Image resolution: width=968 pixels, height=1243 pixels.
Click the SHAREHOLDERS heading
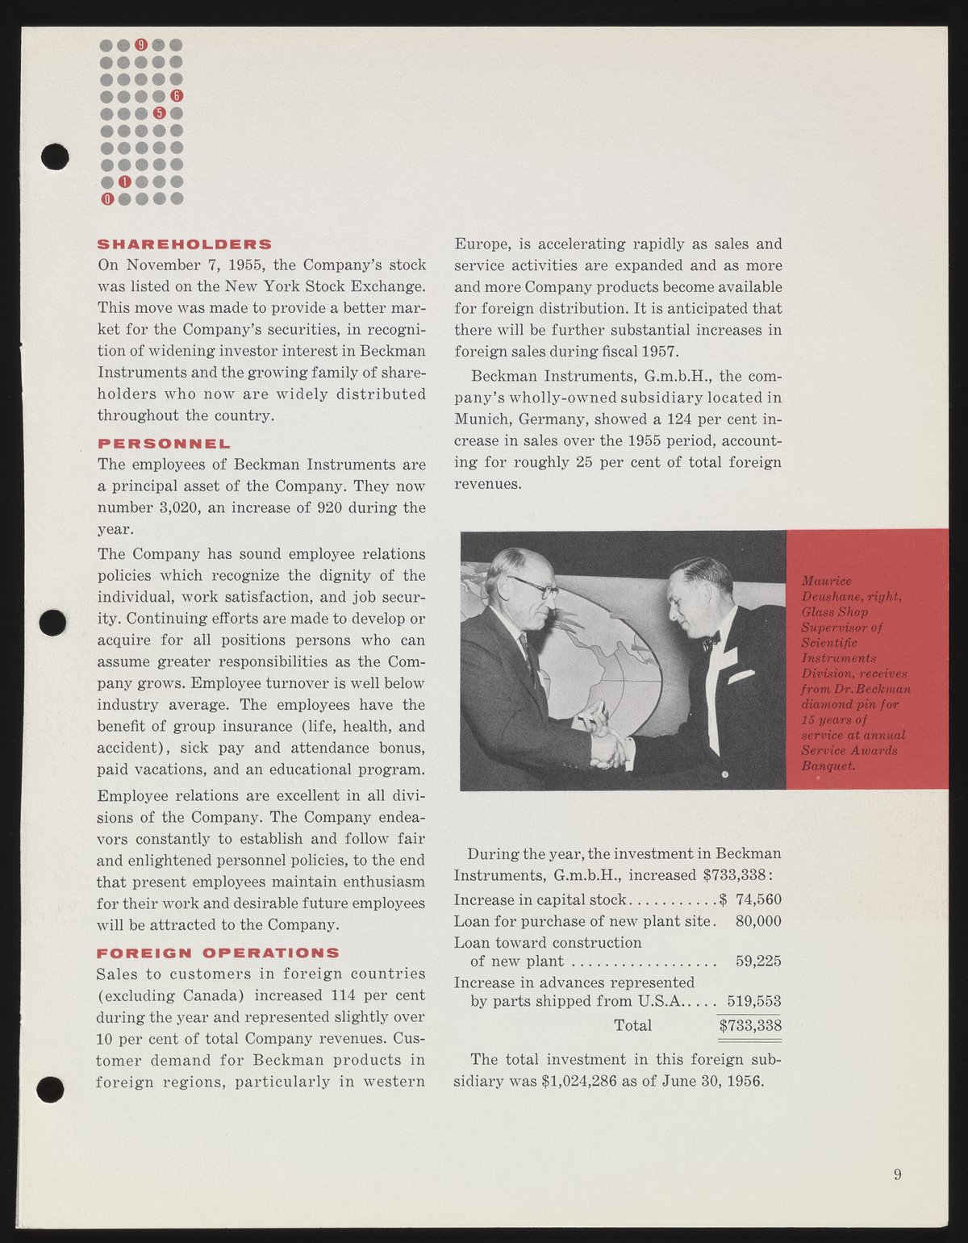pos(185,244)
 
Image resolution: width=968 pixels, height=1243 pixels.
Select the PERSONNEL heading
pos(164,444)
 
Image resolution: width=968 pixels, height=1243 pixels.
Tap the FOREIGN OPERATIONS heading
pos(218,953)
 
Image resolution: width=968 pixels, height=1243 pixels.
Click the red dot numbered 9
pos(142,44)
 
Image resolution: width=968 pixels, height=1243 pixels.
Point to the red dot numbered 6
pos(177,97)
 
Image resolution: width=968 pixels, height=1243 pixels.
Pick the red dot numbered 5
pos(160,113)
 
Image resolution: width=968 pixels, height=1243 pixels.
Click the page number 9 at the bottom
pos(898,1174)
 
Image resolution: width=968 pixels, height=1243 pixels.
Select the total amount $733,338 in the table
pos(750,1025)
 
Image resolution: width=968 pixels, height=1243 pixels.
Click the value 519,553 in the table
pos(754,1001)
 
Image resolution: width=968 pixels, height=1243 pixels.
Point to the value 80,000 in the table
pos(758,921)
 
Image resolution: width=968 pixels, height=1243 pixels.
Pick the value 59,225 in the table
pos(758,961)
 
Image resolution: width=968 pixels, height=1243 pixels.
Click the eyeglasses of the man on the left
pos(536,587)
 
